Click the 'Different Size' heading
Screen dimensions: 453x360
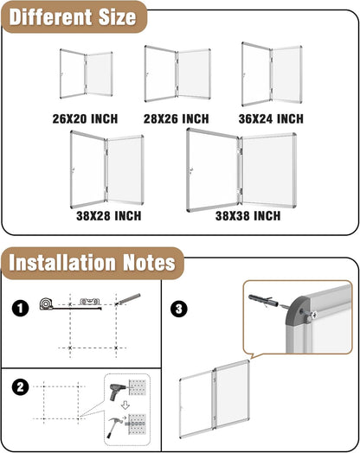click(x=73, y=16)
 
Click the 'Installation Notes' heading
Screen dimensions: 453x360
click(x=92, y=261)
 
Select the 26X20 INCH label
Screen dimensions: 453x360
click(x=84, y=118)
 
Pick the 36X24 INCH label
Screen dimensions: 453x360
click(x=270, y=118)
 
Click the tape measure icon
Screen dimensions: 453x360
click(x=47, y=304)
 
